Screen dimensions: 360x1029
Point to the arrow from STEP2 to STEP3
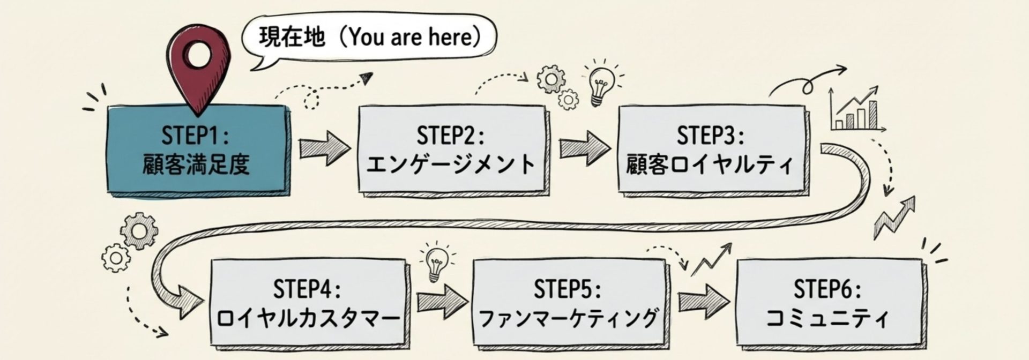584,146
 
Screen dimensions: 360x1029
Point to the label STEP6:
827,290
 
